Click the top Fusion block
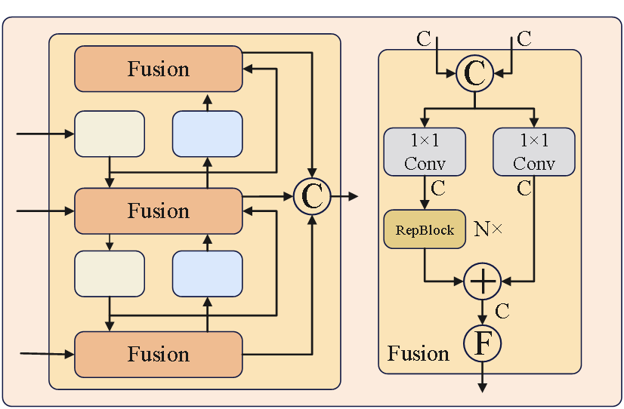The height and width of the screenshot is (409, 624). click(158, 69)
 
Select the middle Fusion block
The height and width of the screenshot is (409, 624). click(158, 211)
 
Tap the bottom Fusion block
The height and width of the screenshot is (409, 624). click(158, 354)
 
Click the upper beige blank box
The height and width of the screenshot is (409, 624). click(110, 134)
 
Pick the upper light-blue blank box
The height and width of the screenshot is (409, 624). click(208, 134)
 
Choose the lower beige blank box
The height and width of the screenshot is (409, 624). click(110, 273)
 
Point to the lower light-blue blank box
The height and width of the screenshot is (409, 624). click(208, 273)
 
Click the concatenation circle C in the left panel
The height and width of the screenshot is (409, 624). click(312, 196)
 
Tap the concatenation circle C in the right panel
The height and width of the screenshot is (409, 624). click(475, 73)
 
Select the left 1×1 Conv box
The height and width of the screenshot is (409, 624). click(425, 151)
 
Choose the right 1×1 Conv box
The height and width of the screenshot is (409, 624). click(533, 151)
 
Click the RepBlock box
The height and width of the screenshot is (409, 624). click(425, 229)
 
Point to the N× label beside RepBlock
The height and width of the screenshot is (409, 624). click(488, 229)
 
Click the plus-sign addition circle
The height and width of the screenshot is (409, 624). click(482, 281)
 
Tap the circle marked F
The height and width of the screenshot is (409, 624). click(482, 343)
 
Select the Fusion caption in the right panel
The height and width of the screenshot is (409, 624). click(418, 353)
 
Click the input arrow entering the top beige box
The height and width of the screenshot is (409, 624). click(45, 134)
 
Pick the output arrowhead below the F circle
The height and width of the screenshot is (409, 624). click(482, 387)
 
